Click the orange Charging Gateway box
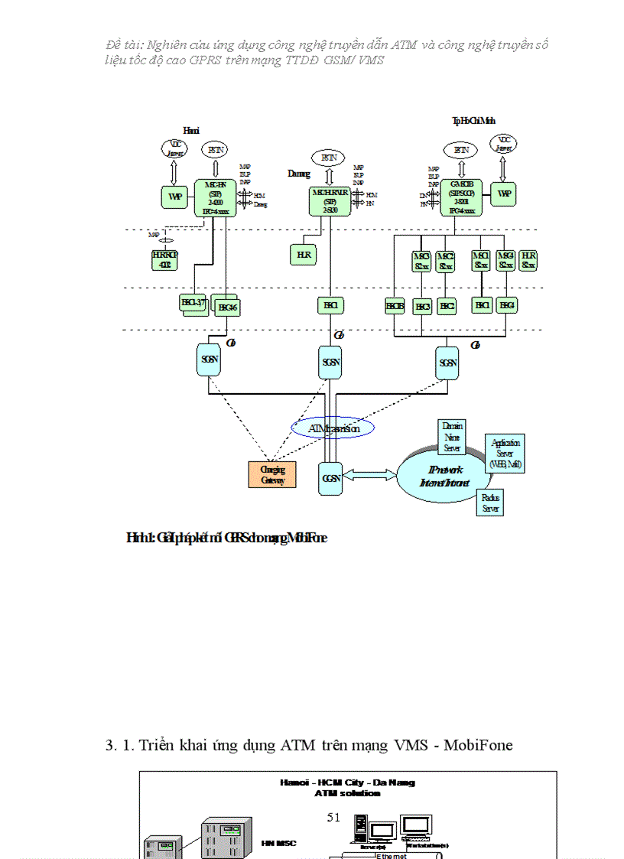tap(272, 474)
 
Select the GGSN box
tap(330, 477)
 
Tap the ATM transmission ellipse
tap(333, 429)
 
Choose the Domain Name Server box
tap(451, 437)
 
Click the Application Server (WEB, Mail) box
tap(505, 454)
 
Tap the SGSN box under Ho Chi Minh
tap(447, 363)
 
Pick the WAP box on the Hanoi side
tap(174, 196)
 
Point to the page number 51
tap(333, 817)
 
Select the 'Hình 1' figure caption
tap(226, 539)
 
